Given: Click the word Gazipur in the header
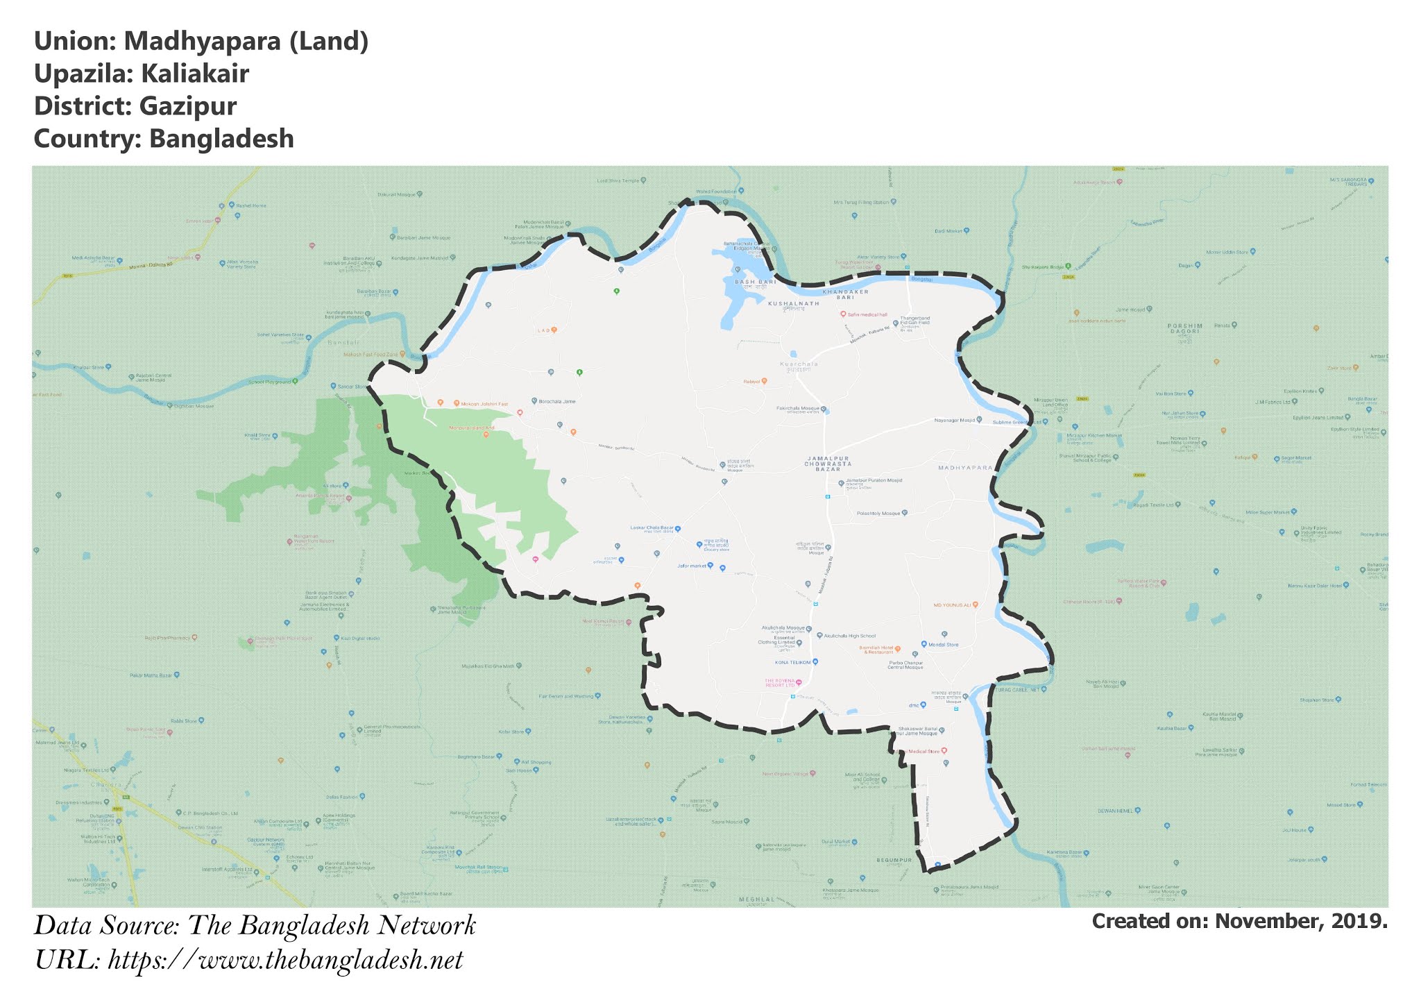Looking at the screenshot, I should tap(187, 106).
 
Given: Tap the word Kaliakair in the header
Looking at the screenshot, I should tap(195, 74).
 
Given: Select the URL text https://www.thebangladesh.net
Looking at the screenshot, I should tap(285, 961).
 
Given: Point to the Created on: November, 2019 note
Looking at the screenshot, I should tap(1239, 922).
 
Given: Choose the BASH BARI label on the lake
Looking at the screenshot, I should tap(756, 282).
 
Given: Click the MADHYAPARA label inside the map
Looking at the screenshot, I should tap(965, 468).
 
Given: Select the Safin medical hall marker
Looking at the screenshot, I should tap(844, 314).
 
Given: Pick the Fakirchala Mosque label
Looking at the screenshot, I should tap(798, 409).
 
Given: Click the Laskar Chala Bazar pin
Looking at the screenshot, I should tap(678, 528).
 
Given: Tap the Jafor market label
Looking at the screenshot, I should tap(691, 566).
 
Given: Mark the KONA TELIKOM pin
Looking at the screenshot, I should tap(816, 662).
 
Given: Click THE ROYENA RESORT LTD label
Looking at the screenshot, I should tap(779, 683).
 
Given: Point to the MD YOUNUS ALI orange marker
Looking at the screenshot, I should tap(975, 605).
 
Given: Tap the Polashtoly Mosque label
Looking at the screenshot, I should tap(878, 514).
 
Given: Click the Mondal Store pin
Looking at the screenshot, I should tap(924, 644).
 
